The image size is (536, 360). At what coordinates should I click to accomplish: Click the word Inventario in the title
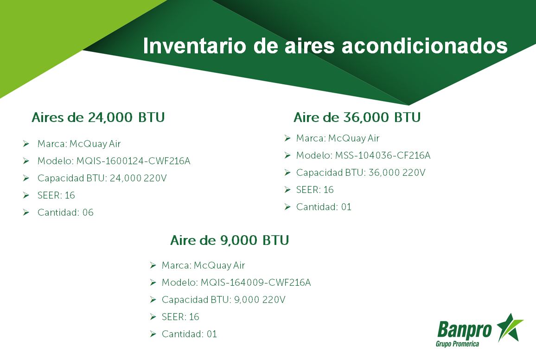pos(194,46)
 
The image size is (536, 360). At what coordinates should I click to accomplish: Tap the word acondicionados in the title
pos(425,46)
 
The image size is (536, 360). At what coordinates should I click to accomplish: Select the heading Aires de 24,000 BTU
pos(98,117)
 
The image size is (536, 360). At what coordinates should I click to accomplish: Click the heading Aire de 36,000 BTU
pos(357,117)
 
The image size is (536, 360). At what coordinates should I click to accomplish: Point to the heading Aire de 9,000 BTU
pos(230,240)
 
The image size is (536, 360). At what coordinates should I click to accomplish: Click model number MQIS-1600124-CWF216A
pos(134,161)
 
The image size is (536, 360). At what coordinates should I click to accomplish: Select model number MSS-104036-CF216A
pos(383,155)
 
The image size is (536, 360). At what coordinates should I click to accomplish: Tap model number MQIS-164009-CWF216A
pos(255,283)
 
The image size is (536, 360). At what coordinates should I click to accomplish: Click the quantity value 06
pos(88,212)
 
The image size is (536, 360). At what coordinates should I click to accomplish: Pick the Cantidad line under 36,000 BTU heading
pos(324,207)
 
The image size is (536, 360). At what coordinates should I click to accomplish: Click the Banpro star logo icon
pos(510,328)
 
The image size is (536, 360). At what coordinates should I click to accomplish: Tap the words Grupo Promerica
pos(457,344)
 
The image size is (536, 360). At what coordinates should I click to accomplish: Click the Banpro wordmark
pos(464,330)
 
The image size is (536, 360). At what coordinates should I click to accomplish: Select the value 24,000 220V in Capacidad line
pos(138,178)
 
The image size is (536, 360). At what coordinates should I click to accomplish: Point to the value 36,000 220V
pos(397,173)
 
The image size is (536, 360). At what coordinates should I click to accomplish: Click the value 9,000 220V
pos(260,300)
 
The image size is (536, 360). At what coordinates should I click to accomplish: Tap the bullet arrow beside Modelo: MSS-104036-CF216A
pos(287,155)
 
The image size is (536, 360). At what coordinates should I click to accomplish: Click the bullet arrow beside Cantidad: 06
pos(26,212)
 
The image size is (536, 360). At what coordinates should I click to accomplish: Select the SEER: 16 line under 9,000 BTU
pos(180,317)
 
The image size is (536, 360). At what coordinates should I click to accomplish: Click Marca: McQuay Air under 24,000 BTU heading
pos(79,144)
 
